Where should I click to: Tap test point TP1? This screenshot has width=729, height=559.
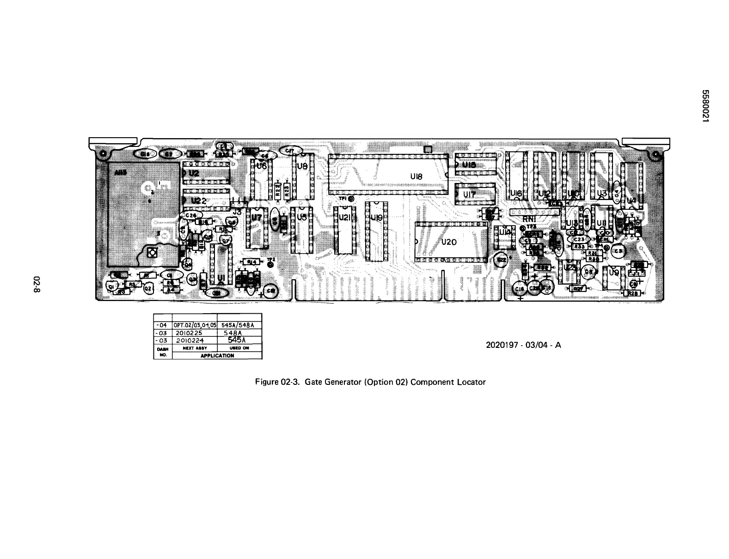351,200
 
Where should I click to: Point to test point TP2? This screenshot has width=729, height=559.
271,265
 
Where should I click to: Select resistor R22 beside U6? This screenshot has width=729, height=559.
277,189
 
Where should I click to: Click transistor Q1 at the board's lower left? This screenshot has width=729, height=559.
111,286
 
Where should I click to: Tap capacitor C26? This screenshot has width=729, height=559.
191,215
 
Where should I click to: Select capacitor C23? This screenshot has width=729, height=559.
580,239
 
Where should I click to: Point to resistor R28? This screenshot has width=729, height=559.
631,293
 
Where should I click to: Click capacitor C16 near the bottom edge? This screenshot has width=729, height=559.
520,289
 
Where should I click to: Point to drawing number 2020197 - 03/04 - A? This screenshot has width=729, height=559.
523,345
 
